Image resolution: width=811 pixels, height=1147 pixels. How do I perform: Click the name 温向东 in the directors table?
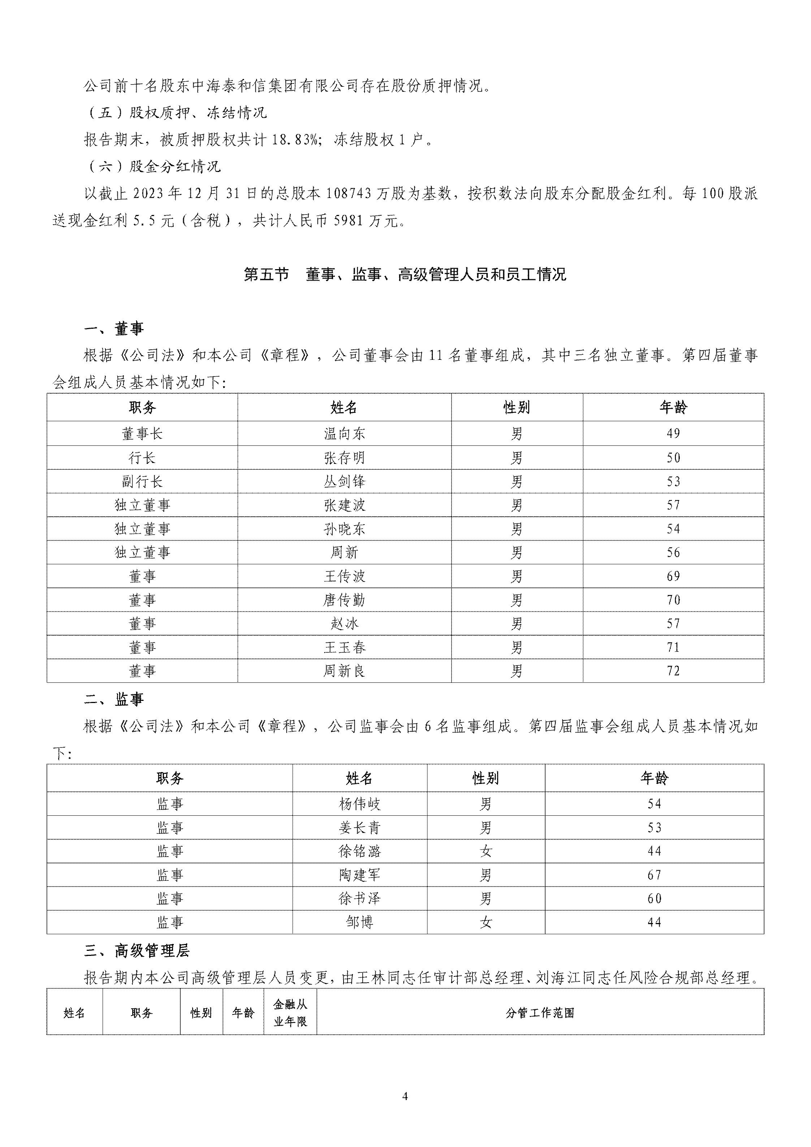point(344,434)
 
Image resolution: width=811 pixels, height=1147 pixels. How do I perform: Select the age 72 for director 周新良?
point(673,671)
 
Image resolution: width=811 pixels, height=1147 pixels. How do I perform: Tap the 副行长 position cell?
point(142,482)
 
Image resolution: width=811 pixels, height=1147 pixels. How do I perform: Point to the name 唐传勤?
point(344,600)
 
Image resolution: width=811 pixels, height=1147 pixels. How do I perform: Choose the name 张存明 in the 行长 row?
point(344,458)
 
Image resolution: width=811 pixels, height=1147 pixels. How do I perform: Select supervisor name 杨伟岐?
point(360,804)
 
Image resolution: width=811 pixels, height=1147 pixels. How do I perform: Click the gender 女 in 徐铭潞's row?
point(486,851)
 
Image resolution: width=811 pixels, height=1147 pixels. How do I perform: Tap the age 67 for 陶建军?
point(654,875)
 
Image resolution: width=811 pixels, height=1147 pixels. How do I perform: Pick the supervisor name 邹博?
point(360,922)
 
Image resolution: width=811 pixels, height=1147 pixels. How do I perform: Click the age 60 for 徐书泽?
point(654,899)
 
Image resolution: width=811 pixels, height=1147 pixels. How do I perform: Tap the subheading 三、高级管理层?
point(137,951)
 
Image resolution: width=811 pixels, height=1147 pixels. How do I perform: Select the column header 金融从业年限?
point(290,1013)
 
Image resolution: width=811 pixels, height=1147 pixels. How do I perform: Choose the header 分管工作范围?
point(540,1013)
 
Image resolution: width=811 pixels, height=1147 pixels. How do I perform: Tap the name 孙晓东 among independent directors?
point(344,529)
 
